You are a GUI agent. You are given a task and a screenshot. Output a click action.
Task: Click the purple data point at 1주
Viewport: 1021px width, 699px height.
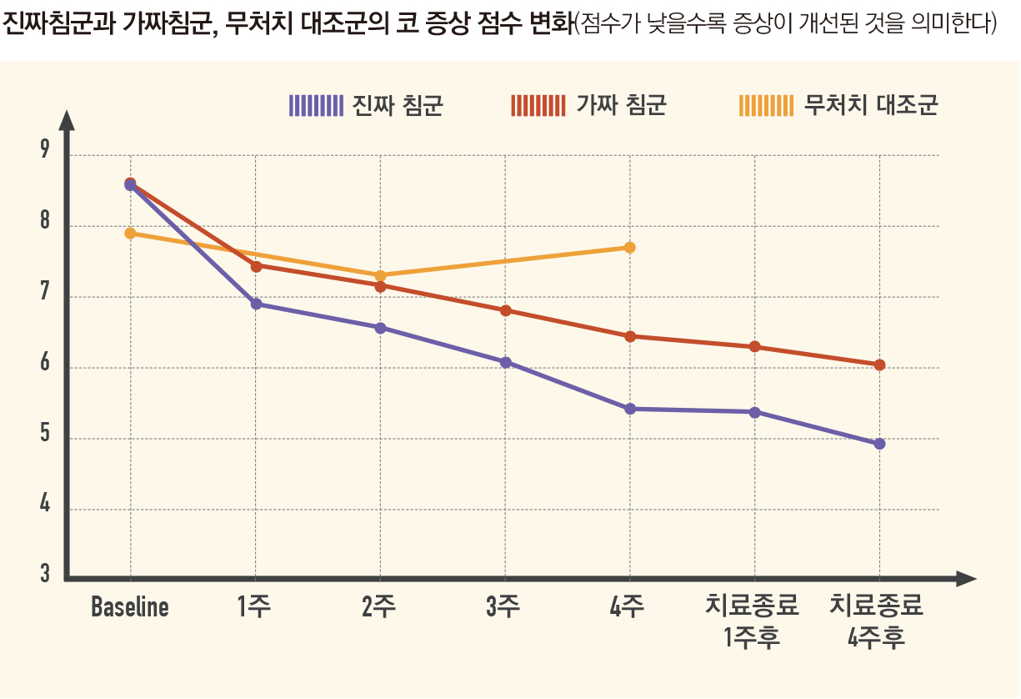click(256, 304)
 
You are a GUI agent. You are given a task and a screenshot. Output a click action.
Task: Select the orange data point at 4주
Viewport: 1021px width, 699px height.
click(630, 248)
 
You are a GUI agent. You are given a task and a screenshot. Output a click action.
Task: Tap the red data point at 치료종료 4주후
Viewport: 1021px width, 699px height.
click(879, 365)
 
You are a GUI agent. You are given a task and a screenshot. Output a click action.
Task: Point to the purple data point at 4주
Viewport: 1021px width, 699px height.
click(630, 409)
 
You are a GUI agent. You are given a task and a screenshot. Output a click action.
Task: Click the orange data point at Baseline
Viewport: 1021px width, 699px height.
click(130, 234)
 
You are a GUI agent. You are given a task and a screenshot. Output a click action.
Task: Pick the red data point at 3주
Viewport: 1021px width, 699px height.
click(505, 310)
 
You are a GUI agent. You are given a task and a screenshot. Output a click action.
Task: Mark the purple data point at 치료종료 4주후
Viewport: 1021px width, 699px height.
click(879, 444)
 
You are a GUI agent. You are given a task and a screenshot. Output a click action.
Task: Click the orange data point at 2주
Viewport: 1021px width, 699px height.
click(380, 275)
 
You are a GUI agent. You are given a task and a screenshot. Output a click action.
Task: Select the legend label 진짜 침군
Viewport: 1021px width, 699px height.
click(398, 106)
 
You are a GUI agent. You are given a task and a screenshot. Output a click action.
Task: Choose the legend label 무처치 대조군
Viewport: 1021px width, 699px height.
click(871, 106)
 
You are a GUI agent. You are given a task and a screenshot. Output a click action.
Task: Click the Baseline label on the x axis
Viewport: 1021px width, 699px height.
click(130, 607)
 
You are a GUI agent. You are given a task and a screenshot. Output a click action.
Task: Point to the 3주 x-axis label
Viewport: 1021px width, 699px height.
click(503, 607)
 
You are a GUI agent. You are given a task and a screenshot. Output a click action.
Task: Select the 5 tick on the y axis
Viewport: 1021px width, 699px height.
click(45, 435)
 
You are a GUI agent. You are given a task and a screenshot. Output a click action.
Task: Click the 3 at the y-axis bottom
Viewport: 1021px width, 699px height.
click(45, 575)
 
